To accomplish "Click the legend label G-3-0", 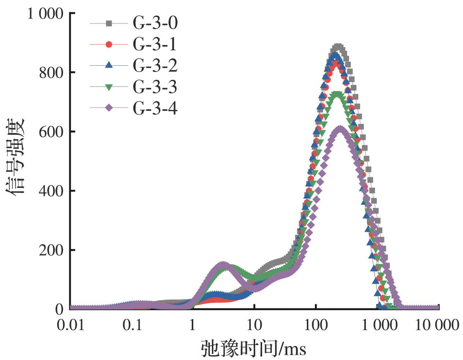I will (155, 23).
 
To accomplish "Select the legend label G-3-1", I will (155, 44).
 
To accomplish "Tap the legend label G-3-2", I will (155, 66).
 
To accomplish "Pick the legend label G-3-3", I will (155, 87).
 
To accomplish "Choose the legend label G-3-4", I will (155, 108).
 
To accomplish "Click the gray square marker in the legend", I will (109, 23).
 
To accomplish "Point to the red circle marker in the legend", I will (109, 44).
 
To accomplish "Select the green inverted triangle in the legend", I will (109, 87).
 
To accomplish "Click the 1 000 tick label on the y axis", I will (45, 14).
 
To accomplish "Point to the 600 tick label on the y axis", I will (51, 132).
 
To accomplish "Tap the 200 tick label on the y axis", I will (51, 250).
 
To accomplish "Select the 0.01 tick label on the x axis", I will (70, 325).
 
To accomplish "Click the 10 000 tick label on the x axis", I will (437, 325).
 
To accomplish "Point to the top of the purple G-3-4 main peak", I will (340, 129).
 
